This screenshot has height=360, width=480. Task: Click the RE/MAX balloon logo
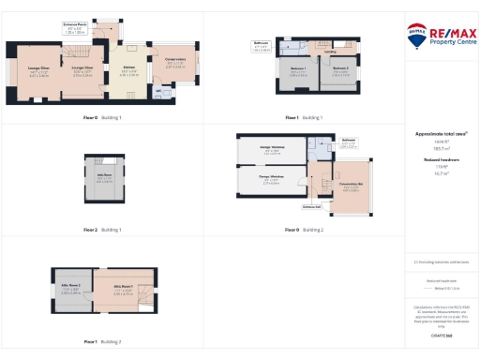click(x=417, y=37)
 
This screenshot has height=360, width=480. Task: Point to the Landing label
click(x=329, y=52)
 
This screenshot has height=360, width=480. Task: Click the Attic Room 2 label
click(x=71, y=291)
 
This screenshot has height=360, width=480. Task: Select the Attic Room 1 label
click(x=123, y=291)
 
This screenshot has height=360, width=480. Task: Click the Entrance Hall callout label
click(x=312, y=207)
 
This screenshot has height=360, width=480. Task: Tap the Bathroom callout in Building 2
click(x=347, y=144)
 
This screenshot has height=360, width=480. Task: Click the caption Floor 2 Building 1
click(x=103, y=229)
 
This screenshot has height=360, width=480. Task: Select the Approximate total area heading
click(x=440, y=134)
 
